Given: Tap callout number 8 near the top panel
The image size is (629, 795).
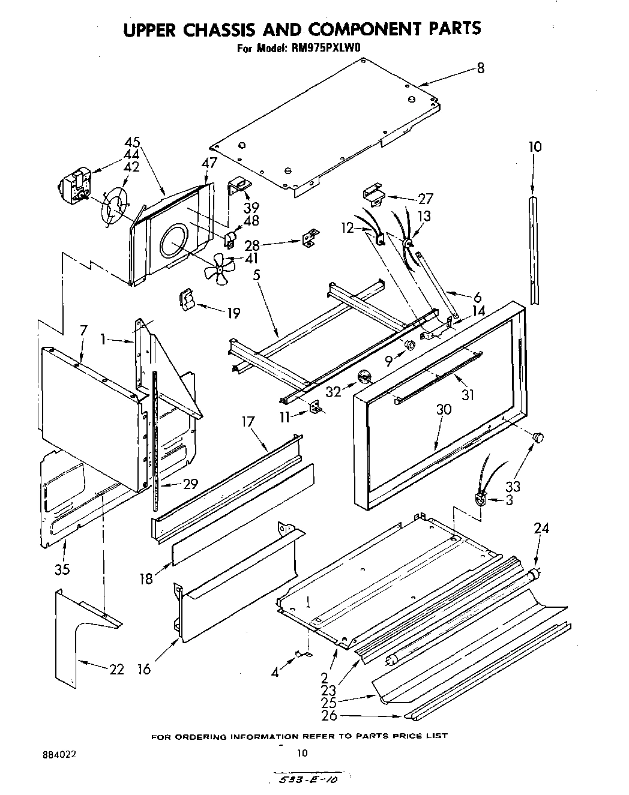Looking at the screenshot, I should pyautogui.click(x=480, y=68).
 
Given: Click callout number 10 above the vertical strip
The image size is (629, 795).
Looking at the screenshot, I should pyautogui.click(x=535, y=146).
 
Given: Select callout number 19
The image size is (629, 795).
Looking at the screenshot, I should pyautogui.click(x=233, y=313).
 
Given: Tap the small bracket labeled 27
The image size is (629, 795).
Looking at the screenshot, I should pyautogui.click(x=373, y=193).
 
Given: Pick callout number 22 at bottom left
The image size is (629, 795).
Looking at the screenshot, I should pyautogui.click(x=116, y=669).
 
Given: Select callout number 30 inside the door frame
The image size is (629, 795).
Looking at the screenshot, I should pyautogui.click(x=444, y=409).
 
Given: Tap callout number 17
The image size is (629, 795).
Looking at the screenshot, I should pyautogui.click(x=249, y=422).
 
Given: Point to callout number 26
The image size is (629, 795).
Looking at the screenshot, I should pyautogui.click(x=329, y=715).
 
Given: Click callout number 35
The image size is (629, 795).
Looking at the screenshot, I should pyautogui.click(x=62, y=568).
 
